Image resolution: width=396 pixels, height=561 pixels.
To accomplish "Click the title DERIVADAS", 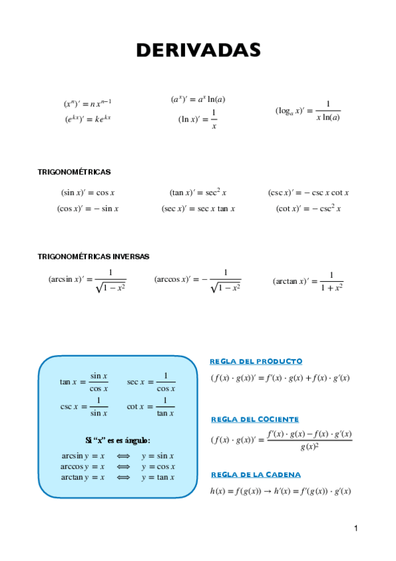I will click(x=198, y=50).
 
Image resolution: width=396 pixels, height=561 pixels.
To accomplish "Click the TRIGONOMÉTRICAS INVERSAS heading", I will click(x=93, y=256).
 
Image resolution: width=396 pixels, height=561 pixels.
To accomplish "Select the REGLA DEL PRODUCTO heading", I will click(x=256, y=361).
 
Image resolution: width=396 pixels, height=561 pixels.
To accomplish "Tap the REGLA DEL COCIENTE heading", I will click(x=255, y=419).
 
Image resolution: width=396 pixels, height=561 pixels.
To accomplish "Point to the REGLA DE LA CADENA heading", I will click(x=255, y=474).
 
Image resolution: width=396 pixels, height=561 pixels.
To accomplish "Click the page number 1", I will click(x=356, y=528).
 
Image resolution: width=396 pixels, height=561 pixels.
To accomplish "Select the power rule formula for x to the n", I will click(x=87, y=103).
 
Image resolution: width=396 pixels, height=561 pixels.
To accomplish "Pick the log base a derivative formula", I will click(x=307, y=111).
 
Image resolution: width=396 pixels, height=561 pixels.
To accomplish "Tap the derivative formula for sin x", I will click(x=88, y=193).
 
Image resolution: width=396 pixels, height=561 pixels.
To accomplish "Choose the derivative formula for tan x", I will click(x=198, y=193).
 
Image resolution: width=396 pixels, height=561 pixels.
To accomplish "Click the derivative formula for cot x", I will click(x=308, y=209).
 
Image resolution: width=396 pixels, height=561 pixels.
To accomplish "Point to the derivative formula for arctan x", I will click(x=307, y=281).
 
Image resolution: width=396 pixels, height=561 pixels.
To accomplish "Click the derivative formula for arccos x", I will click(x=197, y=280).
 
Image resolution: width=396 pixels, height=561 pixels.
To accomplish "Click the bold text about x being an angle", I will click(x=118, y=440).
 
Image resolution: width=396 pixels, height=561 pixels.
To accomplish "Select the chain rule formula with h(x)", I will click(x=279, y=491).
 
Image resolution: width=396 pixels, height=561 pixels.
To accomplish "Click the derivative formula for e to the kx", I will click(x=87, y=119).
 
